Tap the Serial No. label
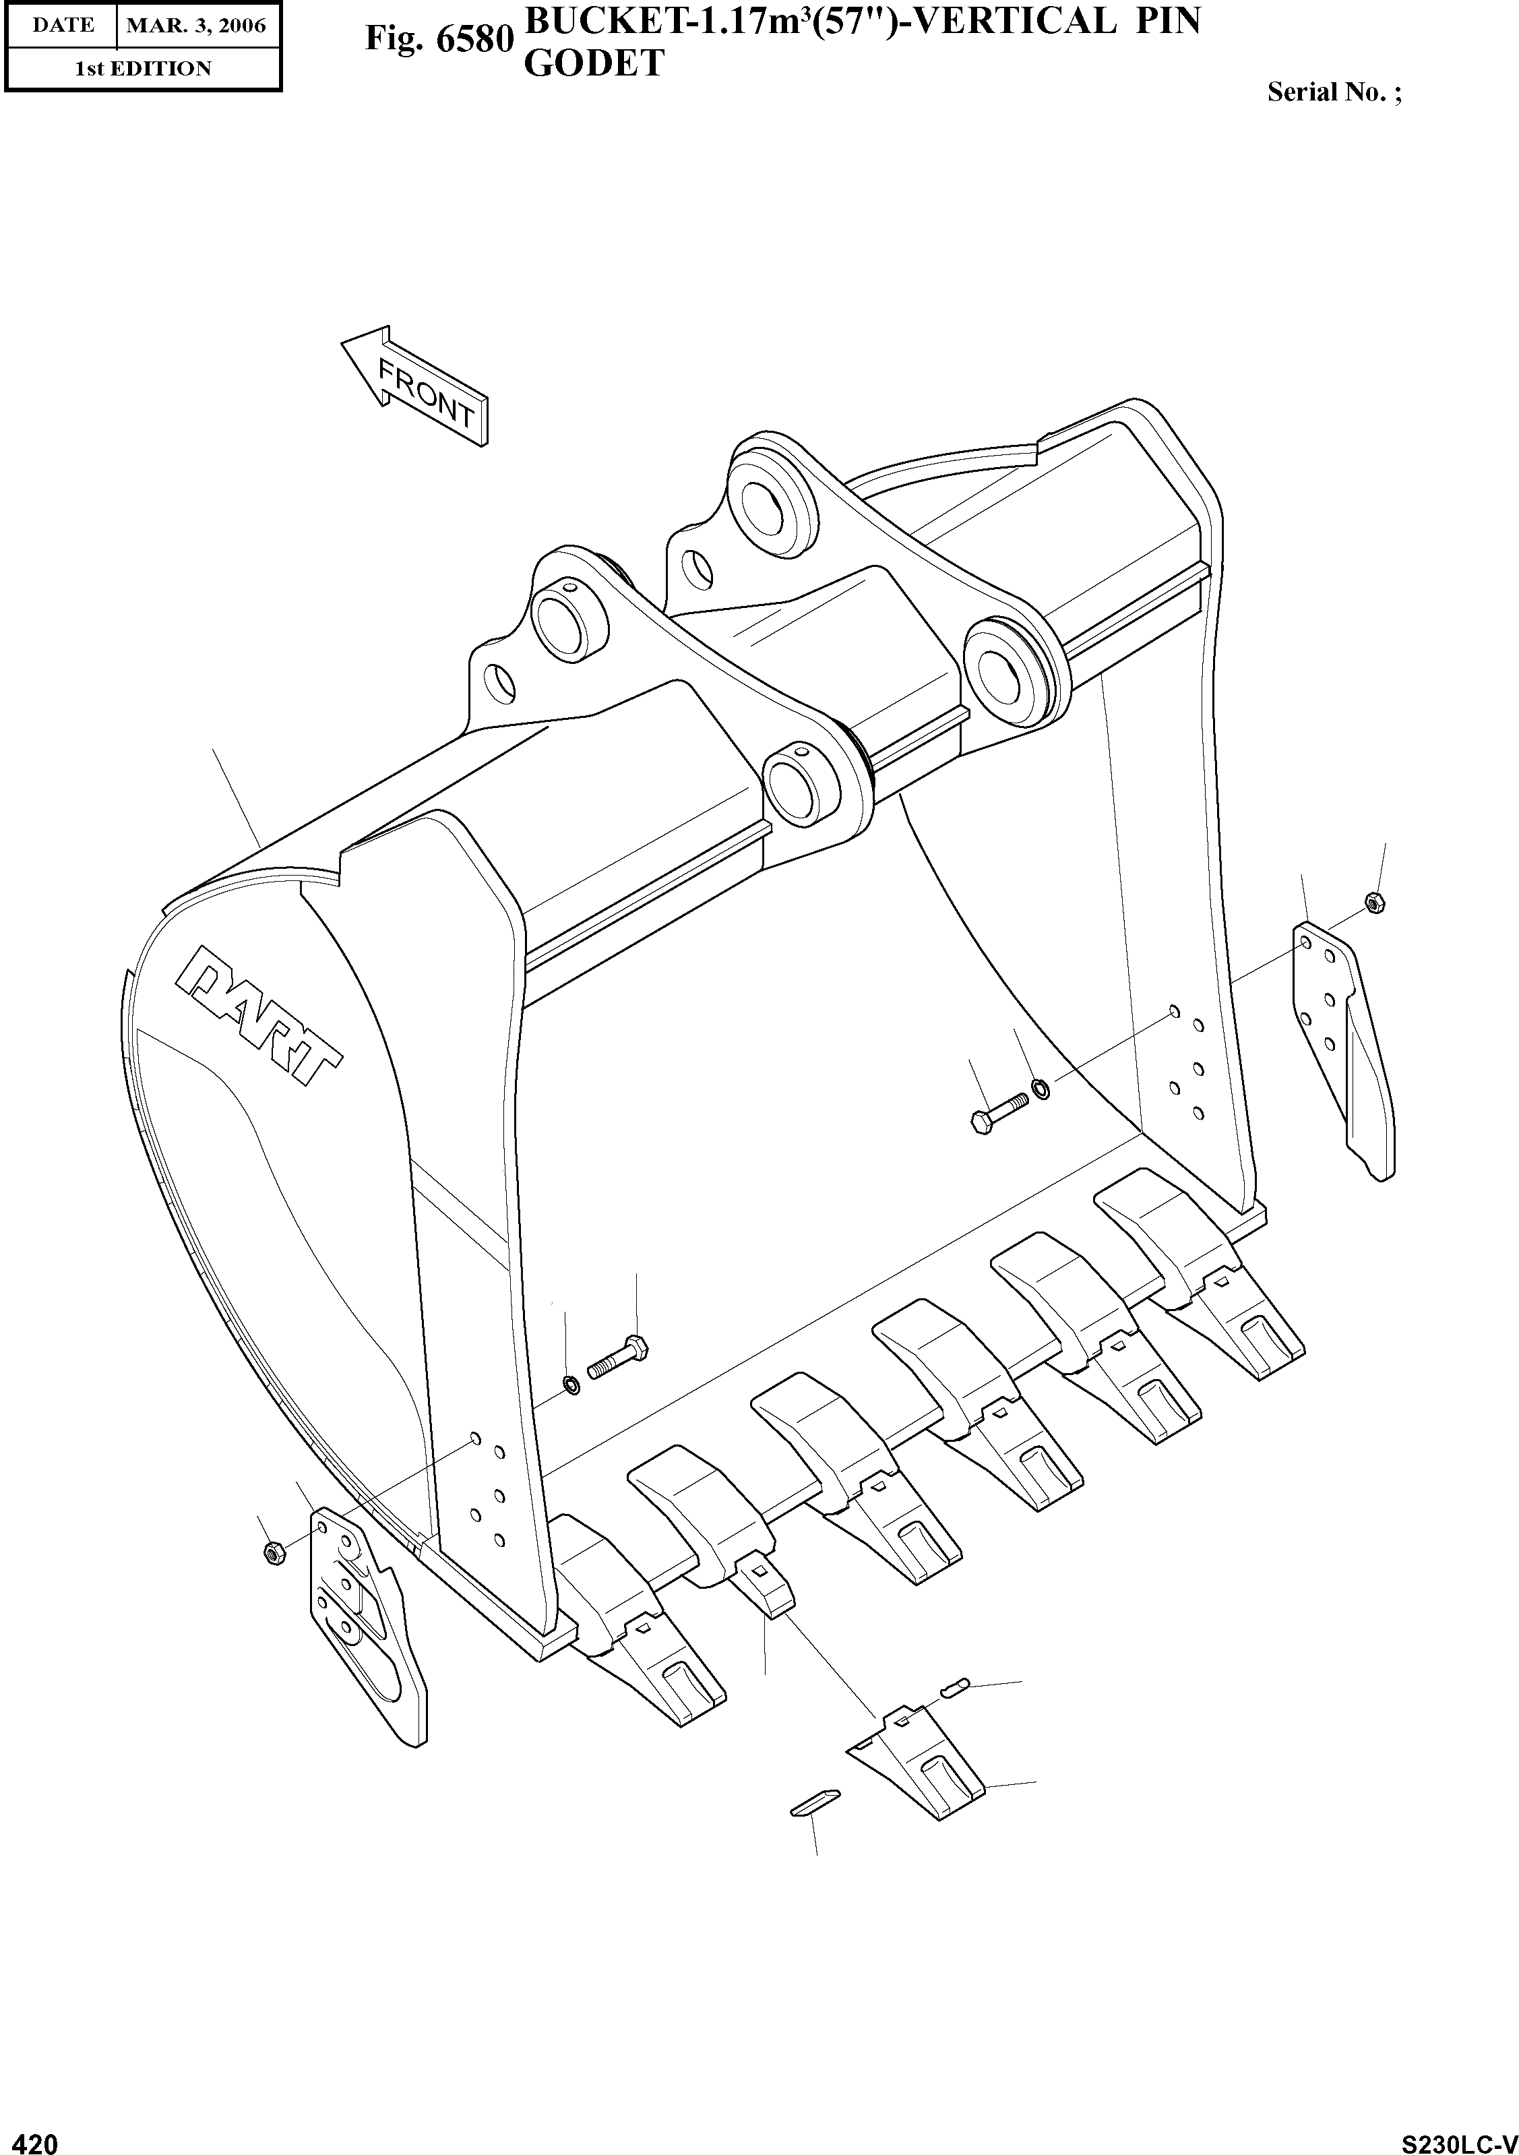click(1333, 92)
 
